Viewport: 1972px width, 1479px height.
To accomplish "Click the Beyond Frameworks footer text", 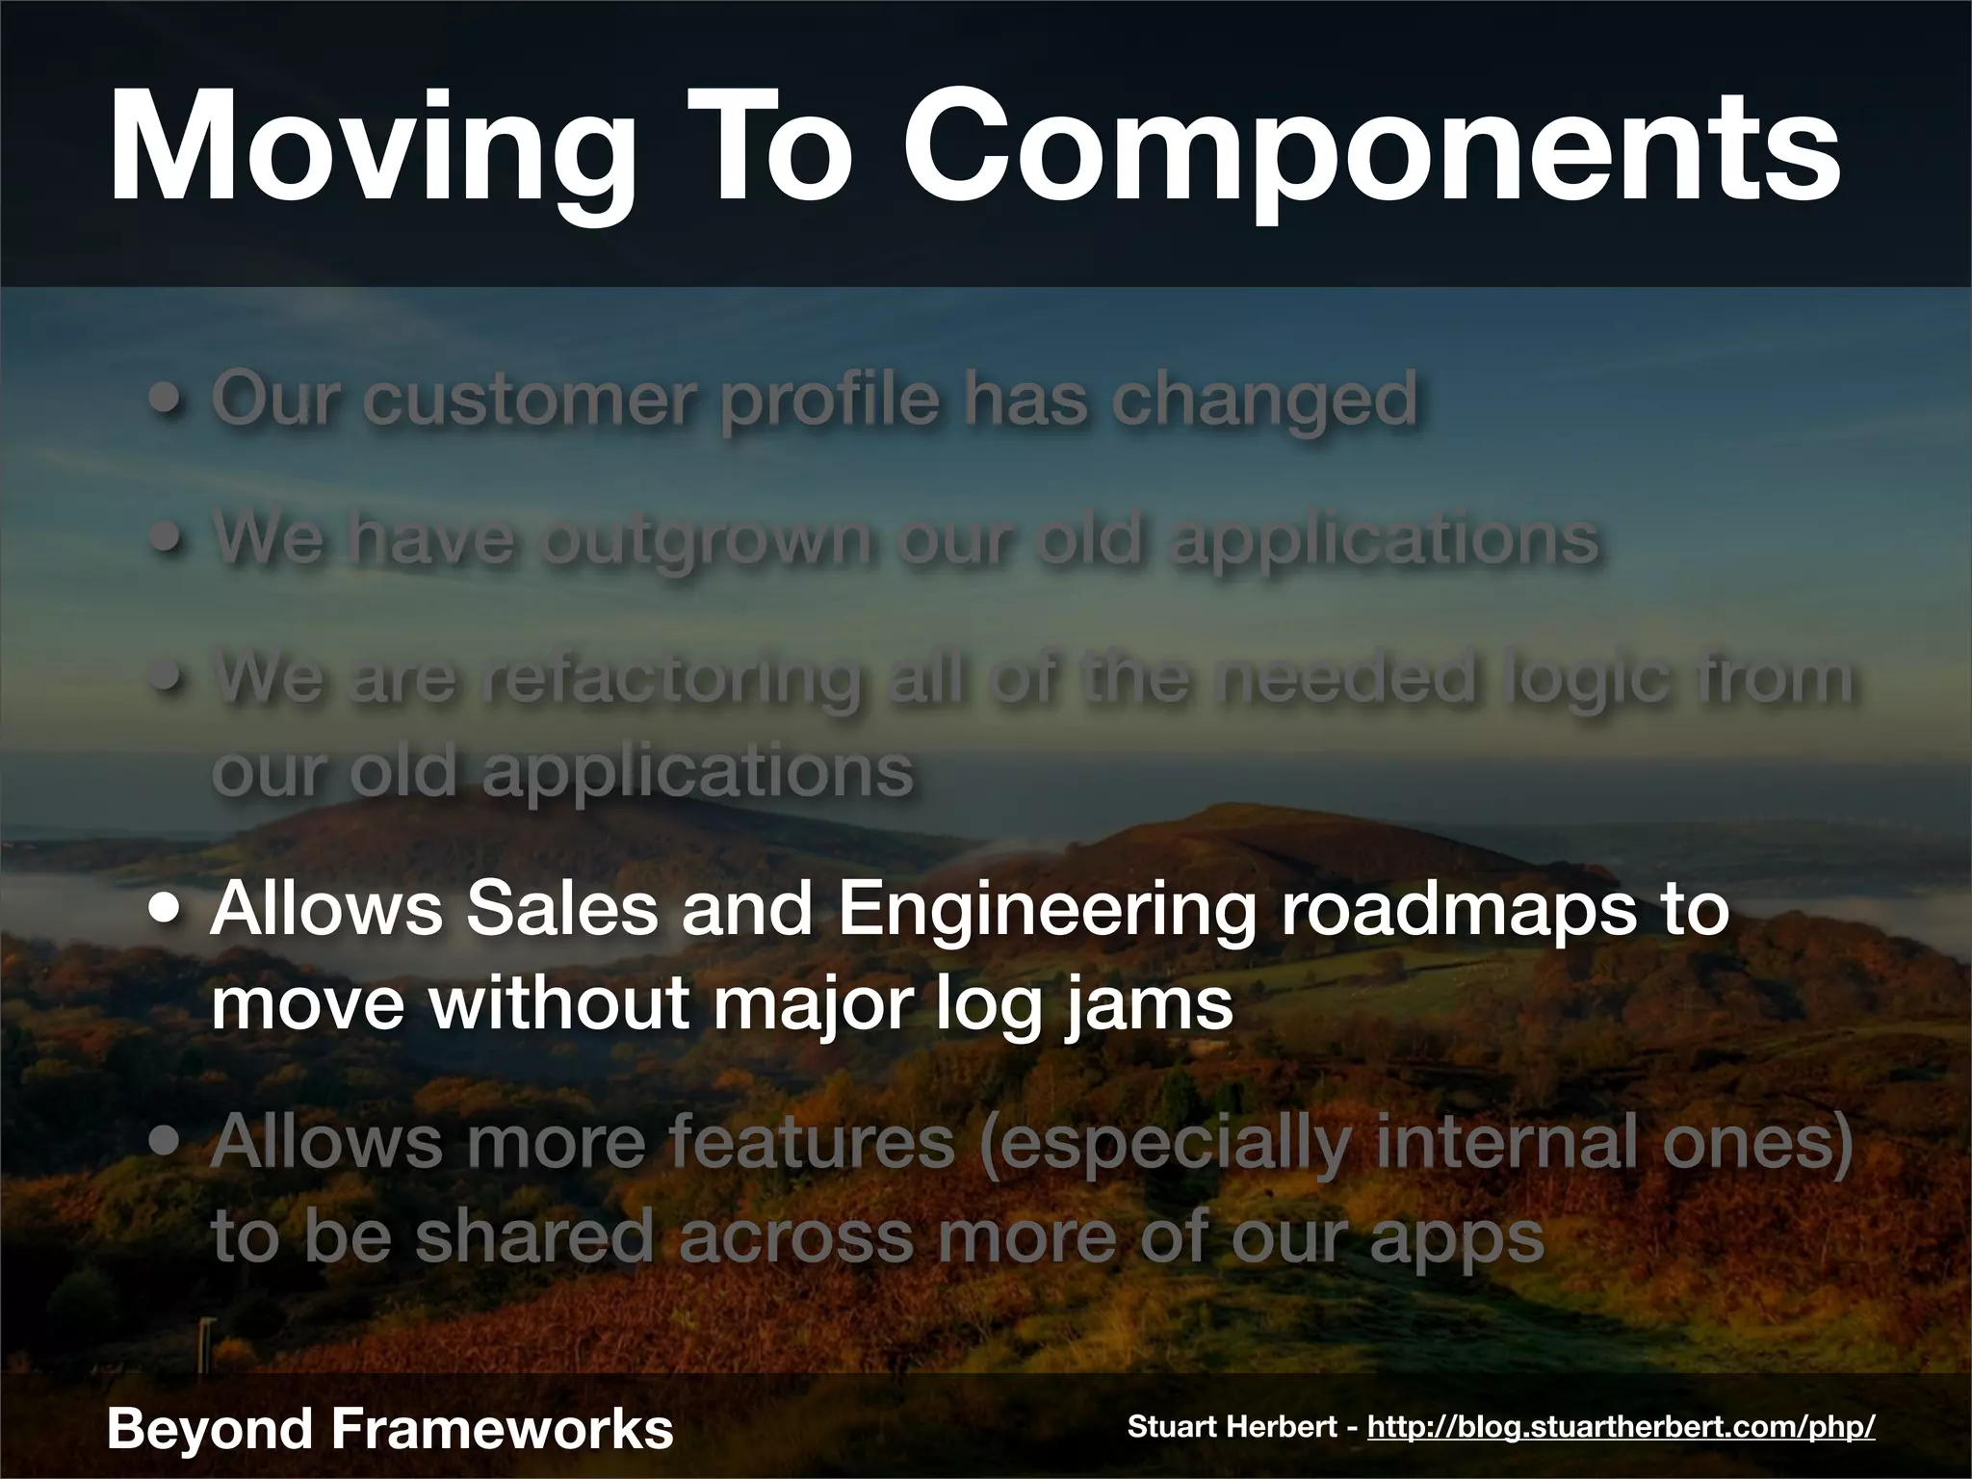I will [390, 1428].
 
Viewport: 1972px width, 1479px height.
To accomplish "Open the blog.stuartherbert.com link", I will [1621, 1427].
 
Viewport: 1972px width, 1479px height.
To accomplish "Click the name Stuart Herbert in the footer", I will [1232, 1427].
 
